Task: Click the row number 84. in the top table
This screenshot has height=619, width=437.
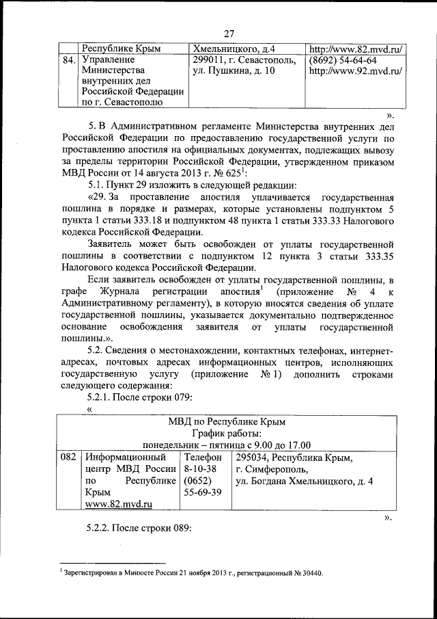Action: tap(68, 60)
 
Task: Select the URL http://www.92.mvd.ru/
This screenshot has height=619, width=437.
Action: tap(355, 71)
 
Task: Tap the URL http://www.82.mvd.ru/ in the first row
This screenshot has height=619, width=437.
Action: tap(355, 49)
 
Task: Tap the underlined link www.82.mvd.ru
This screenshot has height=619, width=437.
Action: tap(118, 503)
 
